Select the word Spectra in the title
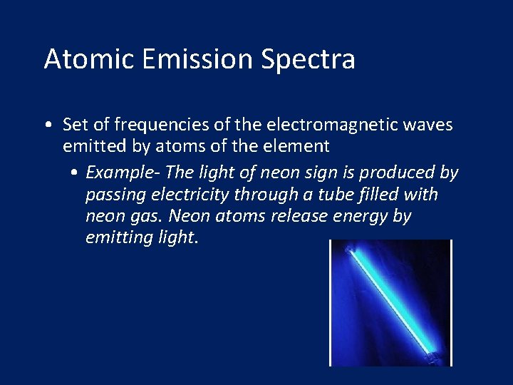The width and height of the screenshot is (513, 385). (308, 60)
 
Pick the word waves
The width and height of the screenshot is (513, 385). (427, 125)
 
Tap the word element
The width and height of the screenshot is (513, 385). (299, 146)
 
